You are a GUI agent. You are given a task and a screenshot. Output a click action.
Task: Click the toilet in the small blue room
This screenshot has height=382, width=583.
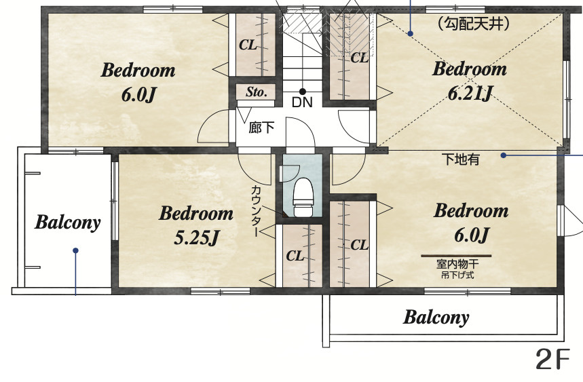coord(303,197)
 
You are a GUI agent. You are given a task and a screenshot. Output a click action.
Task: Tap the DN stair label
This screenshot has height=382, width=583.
coord(302,102)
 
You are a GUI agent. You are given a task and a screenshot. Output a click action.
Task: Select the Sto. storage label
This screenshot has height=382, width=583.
coord(256,92)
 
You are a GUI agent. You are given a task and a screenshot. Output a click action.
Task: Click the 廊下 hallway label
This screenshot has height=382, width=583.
coord(262,128)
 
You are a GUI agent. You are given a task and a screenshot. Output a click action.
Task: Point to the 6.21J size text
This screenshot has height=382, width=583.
coord(470,93)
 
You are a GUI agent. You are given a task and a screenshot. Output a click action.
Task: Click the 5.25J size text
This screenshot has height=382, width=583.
coord(197,237)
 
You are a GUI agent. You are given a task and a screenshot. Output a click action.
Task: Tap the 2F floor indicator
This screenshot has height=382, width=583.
coord(553,359)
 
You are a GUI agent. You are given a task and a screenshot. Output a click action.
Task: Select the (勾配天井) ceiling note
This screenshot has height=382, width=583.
coord(472,24)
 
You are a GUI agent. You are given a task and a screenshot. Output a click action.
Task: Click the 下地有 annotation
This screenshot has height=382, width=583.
coord(461,159)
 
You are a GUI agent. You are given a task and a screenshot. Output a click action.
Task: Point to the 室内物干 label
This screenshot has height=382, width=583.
coord(457,264)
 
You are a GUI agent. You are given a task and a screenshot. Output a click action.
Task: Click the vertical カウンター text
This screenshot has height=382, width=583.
coord(256,211)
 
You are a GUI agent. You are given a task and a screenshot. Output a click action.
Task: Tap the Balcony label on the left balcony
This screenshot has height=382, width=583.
coord(68,223)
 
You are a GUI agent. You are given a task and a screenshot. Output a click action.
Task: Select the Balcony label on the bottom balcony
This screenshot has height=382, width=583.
coord(436,318)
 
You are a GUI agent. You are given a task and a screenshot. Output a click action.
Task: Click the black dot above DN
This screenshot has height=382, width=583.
coord(303,92)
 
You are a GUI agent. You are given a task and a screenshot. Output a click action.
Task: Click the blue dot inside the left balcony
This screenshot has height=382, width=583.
coord(75,251)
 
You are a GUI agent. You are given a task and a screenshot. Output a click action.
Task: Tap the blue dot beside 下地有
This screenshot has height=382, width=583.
coord(504,155)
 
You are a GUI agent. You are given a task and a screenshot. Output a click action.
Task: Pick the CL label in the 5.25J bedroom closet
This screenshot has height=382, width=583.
coord(295,256)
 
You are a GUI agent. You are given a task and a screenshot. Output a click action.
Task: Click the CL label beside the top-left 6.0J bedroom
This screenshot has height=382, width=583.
coord(248,45)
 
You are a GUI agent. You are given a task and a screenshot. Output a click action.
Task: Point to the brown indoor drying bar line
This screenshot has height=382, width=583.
coord(456,256)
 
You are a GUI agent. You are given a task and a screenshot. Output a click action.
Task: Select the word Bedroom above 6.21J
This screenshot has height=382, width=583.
coord(469,69)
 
